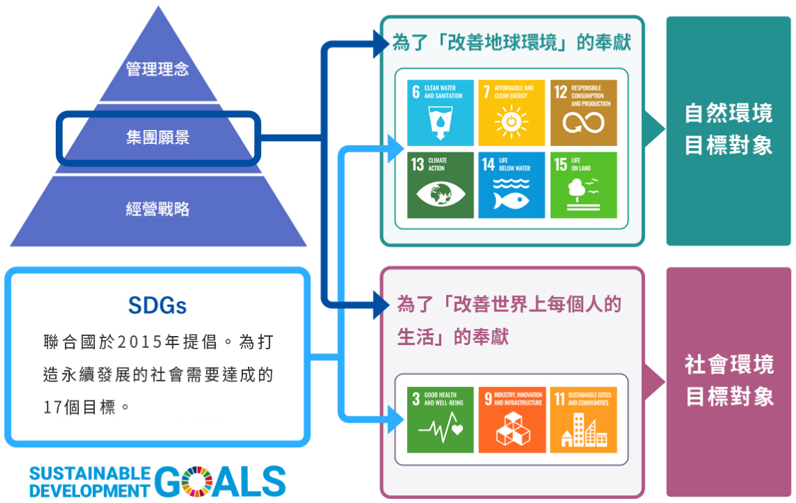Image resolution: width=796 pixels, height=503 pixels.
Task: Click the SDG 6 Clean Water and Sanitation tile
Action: point(440,112)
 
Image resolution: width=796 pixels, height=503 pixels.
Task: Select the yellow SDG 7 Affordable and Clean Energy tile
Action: point(511,112)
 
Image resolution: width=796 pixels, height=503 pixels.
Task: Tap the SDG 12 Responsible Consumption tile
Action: point(583,112)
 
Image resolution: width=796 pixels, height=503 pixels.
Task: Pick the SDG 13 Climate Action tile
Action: point(440,184)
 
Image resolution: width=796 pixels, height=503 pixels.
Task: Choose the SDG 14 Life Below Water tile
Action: point(511,184)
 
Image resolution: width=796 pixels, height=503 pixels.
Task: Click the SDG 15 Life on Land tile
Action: point(583,184)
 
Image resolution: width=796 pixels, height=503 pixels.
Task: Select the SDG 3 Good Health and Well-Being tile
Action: point(440,419)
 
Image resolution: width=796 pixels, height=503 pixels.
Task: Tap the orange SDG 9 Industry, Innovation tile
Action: point(511,419)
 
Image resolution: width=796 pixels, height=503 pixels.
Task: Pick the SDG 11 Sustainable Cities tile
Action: point(583,419)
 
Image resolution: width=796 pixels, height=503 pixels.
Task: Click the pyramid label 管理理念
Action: point(157,69)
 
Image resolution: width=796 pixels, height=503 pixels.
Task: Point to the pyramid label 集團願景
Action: point(158,138)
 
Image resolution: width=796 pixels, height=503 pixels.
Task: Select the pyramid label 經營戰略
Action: point(158,208)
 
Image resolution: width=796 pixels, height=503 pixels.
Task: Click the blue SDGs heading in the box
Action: point(157,305)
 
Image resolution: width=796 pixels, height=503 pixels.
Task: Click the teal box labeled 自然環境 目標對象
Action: point(728,130)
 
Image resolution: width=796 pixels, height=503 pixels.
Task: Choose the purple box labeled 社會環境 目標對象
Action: point(728,381)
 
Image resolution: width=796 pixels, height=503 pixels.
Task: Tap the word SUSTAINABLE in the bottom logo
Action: point(89,474)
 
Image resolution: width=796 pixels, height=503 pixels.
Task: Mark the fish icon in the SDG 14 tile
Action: point(511,200)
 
